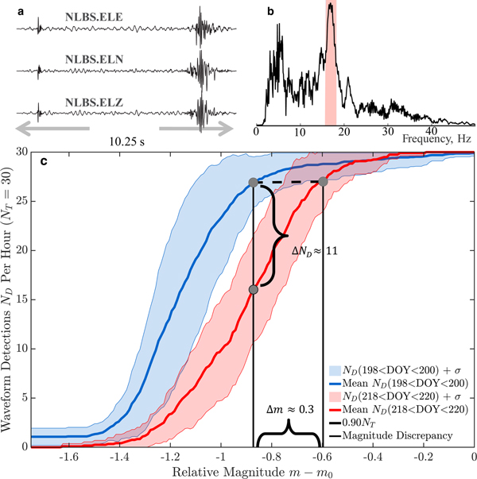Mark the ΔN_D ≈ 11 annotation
(317, 250)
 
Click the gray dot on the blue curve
(253, 183)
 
